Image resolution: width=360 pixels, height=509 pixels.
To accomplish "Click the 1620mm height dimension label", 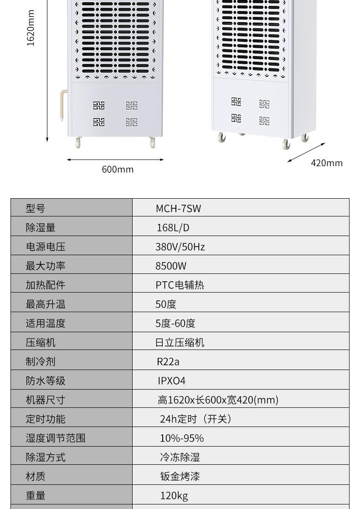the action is (31, 28).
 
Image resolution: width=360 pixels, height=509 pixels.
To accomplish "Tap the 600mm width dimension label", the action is (118, 170).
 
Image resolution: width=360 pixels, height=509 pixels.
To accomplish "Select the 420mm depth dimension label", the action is (326, 163).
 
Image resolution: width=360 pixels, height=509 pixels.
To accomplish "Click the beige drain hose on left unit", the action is (63, 105).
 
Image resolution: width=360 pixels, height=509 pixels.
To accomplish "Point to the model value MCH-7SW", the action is (178, 209).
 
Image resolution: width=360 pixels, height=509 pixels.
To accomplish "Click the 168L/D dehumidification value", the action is (173, 228).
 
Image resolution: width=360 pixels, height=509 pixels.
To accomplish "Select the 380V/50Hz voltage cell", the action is (180, 247).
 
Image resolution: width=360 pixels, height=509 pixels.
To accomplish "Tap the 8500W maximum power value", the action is (171, 266).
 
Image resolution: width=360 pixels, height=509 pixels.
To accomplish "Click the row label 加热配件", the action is (46, 285).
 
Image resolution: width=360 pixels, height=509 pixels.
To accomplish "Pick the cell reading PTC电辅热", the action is (180, 285).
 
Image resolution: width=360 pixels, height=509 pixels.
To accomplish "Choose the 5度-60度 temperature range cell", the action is (175, 324).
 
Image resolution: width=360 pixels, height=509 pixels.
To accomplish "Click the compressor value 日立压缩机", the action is (180, 343).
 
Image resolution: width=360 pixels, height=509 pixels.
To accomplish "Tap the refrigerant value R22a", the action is (168, 362).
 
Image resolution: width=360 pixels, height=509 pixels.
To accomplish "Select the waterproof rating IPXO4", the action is (172, 381).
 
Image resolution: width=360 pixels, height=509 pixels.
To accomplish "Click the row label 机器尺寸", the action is (46, 400).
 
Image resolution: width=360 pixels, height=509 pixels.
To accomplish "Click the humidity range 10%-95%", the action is (181, 438).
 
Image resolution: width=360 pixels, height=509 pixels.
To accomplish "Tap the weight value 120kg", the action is (174, 496).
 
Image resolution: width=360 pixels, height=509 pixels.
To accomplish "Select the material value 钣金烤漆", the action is (180, 477).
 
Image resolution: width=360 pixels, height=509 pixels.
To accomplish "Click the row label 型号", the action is (36, 209).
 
